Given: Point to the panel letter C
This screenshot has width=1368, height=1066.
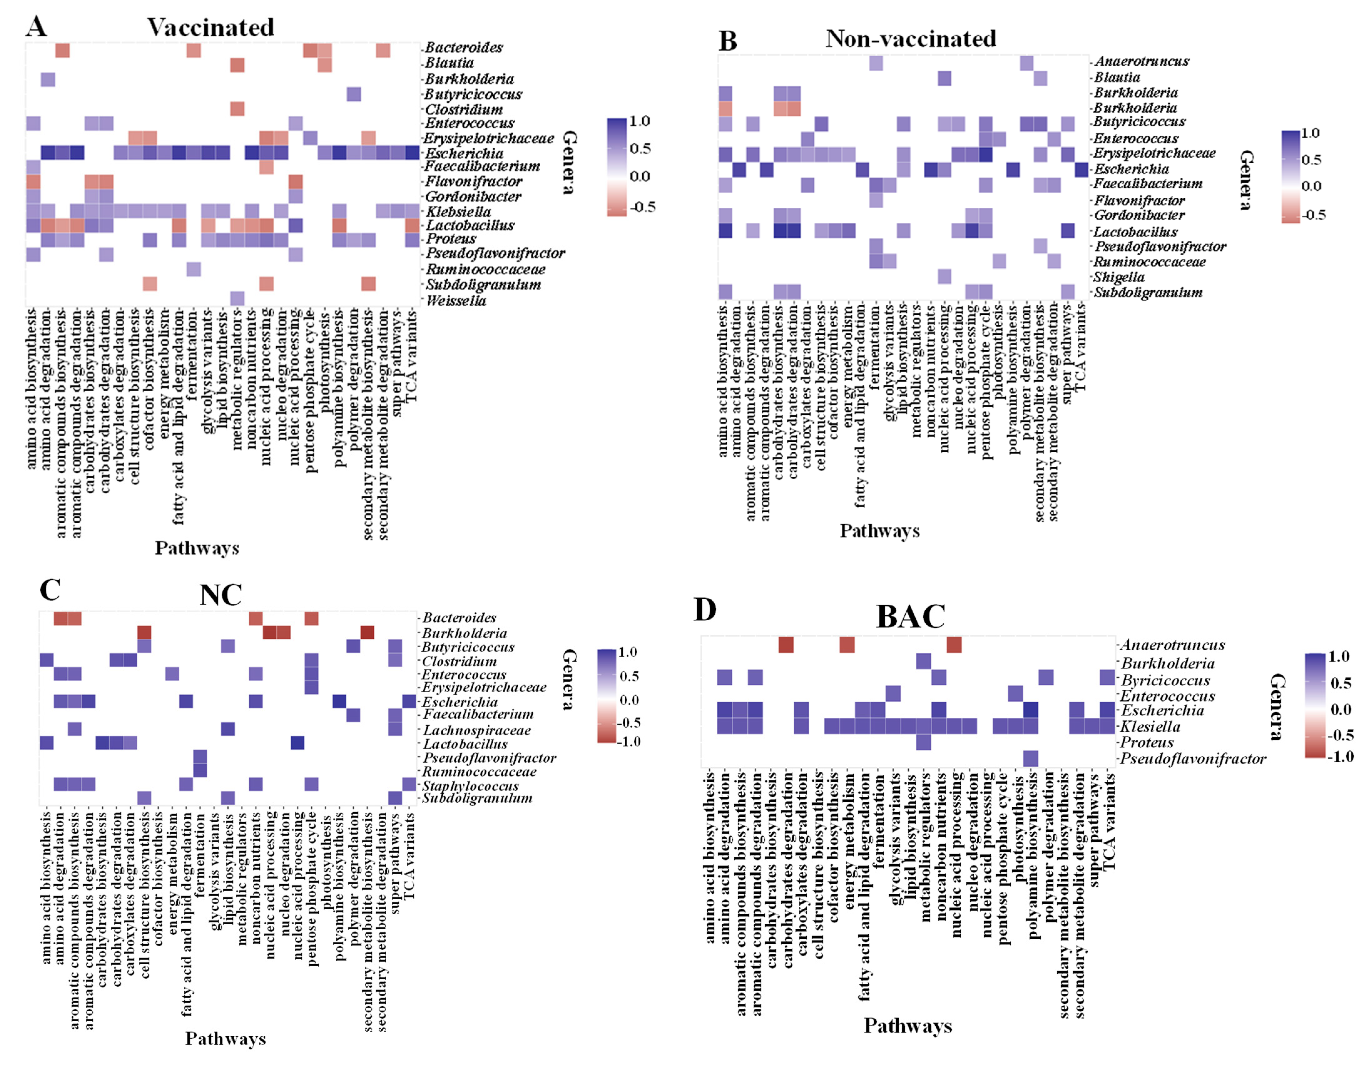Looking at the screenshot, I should click(x=50, y=589).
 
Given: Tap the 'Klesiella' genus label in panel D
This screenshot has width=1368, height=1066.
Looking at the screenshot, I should click(x=1150, y=727).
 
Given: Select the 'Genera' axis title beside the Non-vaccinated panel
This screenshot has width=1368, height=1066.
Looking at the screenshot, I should click(x=1247, y=180).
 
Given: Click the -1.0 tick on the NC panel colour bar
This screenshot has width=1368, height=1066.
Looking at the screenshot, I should click(x=629, y=742).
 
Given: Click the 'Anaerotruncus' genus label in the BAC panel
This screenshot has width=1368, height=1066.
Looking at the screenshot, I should click(x=1172, y=644).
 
